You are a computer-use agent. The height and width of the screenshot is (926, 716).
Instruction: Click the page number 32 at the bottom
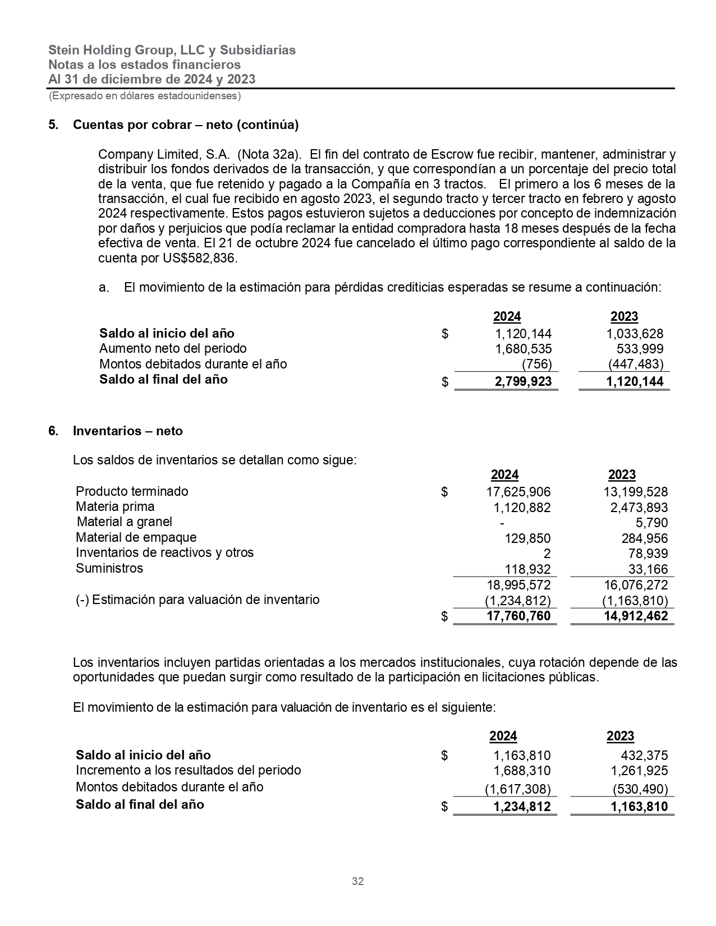tap(357, 881)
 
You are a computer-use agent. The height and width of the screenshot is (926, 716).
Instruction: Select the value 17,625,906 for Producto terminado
tap(518, 492)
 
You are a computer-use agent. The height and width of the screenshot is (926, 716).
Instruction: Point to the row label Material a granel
tap(124, 522)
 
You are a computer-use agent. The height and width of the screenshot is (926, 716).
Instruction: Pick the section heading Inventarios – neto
tap(127, 431)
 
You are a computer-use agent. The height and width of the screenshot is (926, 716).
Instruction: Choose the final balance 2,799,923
tap(523, 382)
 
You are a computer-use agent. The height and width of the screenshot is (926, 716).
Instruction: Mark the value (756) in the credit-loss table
tap(537, 364)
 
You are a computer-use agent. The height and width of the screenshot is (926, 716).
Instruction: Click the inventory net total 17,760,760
tap(518, 616)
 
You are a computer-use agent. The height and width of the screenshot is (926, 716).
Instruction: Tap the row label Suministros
tap(109, 568)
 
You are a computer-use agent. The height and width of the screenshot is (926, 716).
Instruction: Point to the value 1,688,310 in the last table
tap(521, 771)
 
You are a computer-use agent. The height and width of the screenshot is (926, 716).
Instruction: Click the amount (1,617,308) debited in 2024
tap(517, 789)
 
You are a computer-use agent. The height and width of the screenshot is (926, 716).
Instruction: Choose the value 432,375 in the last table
tap(645, 755)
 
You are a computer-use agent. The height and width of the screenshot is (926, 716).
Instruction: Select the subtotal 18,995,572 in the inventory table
tap(518, 585)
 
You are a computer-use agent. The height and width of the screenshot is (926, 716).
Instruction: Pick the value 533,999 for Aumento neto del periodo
tap(640, 349)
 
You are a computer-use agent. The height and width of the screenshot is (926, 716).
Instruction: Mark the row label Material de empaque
tap(136, 538)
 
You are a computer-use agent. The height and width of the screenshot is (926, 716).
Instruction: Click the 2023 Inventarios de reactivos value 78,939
tap(648, 554)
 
